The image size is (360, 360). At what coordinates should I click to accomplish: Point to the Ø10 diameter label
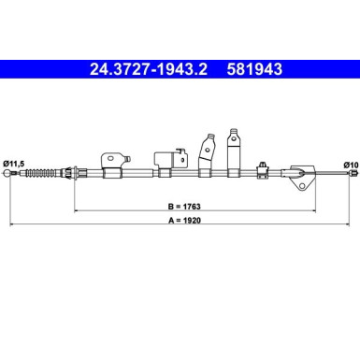click(351, 166)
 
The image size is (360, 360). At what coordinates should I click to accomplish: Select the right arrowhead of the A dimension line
click(353, 228)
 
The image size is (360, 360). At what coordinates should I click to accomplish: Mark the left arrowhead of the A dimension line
click(8, 228)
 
